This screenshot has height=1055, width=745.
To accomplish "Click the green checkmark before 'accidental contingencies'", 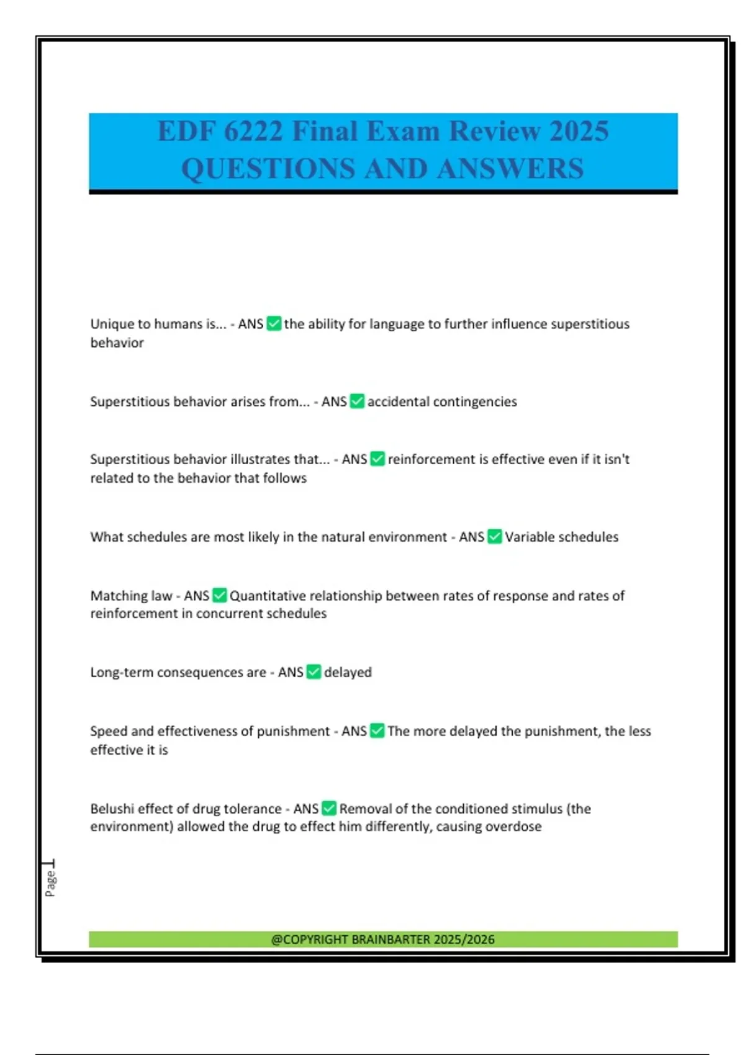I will (x=357, y=402).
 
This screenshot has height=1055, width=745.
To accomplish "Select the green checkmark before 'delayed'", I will (x=314, y=672).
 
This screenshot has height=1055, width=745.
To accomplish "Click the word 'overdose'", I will (x=516, y=827).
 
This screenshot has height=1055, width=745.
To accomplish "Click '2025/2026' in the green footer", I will (x=464, y=940).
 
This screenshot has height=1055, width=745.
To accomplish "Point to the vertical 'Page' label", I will (x=50, y=883).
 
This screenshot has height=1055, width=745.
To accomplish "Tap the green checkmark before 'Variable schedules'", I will (x=495, y=537).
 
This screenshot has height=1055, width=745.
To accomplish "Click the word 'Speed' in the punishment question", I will (x=109, y=731).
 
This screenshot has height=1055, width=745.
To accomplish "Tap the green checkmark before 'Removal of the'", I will (x=329, y=809).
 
